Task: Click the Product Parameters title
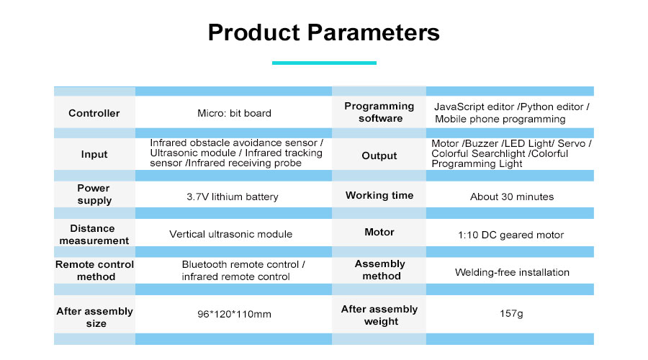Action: coord(323,33)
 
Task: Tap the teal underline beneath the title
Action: coord(324,63)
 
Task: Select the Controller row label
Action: coord(94,113)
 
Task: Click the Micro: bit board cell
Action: coord(234,113)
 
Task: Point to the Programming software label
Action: coord(379,112)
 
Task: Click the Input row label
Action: coord(94,154)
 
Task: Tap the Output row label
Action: coord(379,156)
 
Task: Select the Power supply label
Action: coord(94,194)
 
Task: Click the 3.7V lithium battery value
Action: coord(232,197)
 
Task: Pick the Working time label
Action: coord(379,195)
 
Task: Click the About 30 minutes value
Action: coord(512,197)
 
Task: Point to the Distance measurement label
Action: coord(94,234)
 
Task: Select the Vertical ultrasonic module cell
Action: coord(230,234)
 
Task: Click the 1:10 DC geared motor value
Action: coord(511,235)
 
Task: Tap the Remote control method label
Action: coord(94,271)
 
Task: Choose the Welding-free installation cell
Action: coord(512,272)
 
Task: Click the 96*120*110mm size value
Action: coord(234,314)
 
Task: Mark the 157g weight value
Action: coord(512,314)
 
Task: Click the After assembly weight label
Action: coord(379,315)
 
